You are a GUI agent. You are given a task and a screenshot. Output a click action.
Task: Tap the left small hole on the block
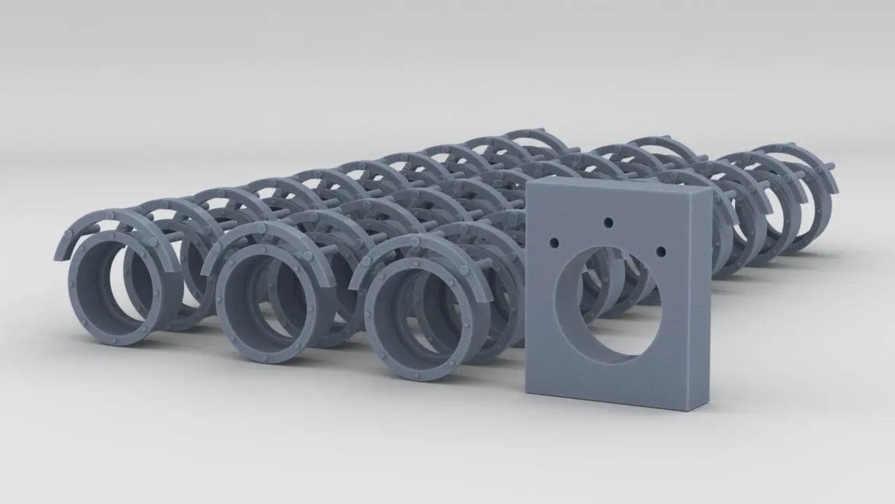tap(554, 242)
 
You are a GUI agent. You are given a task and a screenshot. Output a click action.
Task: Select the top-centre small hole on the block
tap(608, 223)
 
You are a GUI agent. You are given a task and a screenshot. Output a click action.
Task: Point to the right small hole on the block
tap(661, 250)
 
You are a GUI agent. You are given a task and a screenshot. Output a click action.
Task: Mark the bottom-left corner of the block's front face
tap(527, 391)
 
